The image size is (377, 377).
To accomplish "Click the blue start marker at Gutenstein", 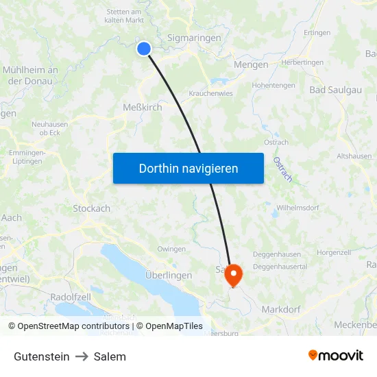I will (x=144, y=48).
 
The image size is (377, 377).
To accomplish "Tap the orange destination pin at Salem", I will (x=234, y=274).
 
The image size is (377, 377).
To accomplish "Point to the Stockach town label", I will (x=92, y=208).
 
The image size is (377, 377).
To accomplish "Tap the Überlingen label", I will (x=169, y=275).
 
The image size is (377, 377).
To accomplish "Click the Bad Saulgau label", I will (x=336, y=90).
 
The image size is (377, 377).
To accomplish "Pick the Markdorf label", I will (x=281, y=310).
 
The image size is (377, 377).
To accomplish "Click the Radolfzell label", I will (x=71, y=297).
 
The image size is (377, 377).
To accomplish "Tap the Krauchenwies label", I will (x=210, y=93).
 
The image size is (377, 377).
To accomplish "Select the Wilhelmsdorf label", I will (x=299, y=207).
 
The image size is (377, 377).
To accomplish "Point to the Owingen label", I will (x=171, y=249).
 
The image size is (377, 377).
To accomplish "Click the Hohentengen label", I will (x=273, y=86).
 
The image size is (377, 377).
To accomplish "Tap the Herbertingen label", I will (x=303, y=62).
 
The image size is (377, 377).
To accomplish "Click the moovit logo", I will (x=335, y=355).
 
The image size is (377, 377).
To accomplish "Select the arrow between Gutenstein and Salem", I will (x=82, y=356).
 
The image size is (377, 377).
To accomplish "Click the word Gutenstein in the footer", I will (x=41, y=356).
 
